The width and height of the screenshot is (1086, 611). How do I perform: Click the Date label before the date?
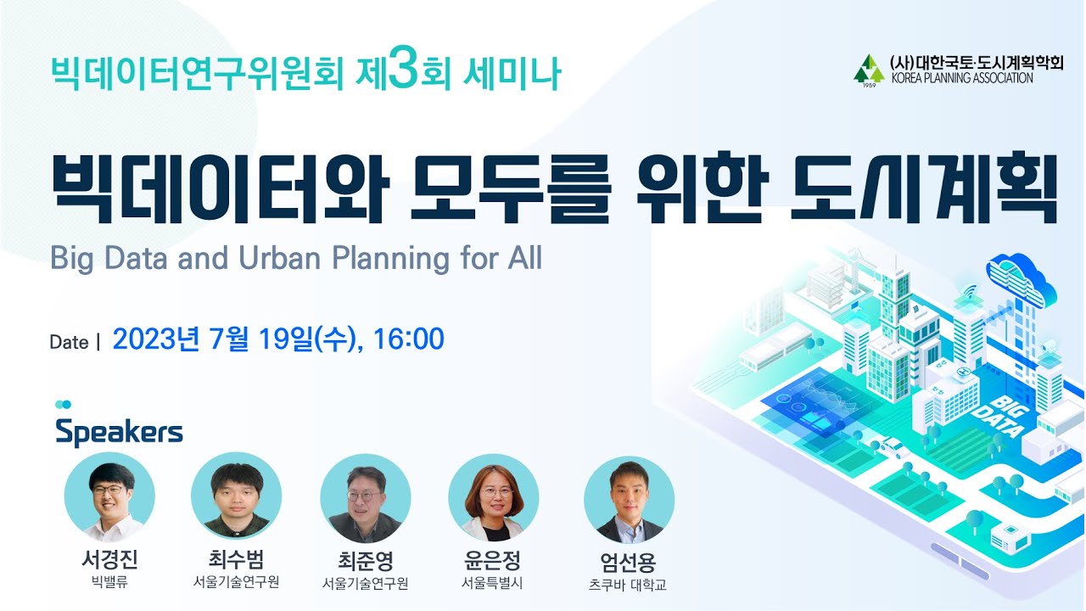click(x=70, y=343)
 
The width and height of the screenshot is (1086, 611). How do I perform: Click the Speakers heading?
click(x=119, y=432)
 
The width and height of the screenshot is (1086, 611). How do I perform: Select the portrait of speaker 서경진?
click(x=109, y=498)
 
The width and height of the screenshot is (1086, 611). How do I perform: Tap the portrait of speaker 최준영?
click(x=365, y=499)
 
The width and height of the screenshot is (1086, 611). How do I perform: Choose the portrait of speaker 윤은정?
click(x=493, y=499)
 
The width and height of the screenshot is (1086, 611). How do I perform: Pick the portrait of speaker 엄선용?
click(x=629, y=500)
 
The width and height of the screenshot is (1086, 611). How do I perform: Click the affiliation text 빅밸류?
click(x=109, y=582)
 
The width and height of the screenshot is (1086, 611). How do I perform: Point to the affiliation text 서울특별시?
click(x=493, y=583)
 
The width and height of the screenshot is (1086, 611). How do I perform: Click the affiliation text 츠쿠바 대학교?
click(x=628, y=586)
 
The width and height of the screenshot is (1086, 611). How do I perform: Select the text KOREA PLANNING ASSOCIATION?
click(x=961, y=78)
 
